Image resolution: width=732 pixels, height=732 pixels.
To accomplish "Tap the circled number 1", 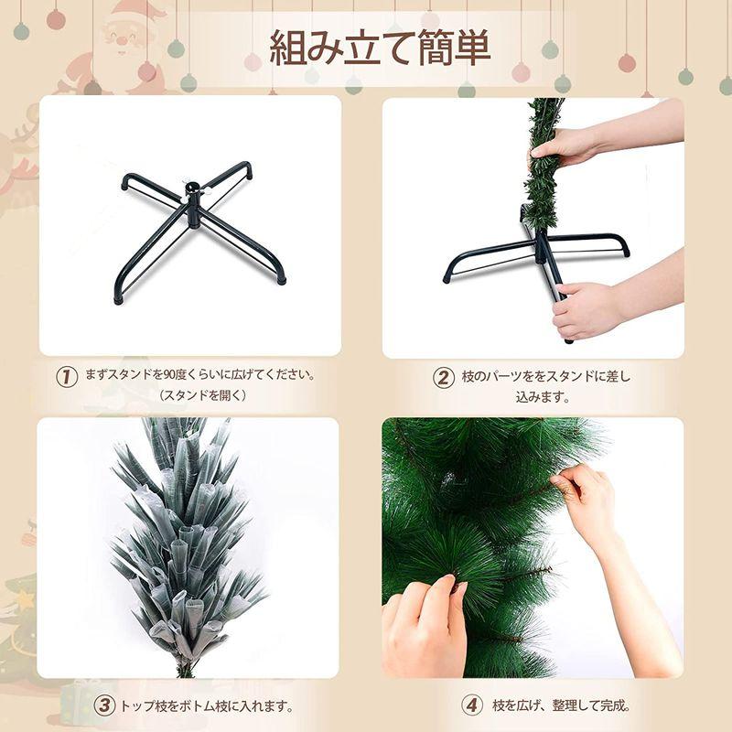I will [66, 376].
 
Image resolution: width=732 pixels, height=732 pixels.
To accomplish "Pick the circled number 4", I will [471, 705].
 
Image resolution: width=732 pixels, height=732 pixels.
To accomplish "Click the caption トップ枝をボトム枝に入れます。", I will [208, 705].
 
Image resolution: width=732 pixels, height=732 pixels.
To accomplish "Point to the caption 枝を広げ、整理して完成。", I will [562, 705].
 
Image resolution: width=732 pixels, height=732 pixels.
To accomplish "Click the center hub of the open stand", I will [196, 195].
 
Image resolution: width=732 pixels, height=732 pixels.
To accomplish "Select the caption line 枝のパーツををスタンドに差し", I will [547, 376].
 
